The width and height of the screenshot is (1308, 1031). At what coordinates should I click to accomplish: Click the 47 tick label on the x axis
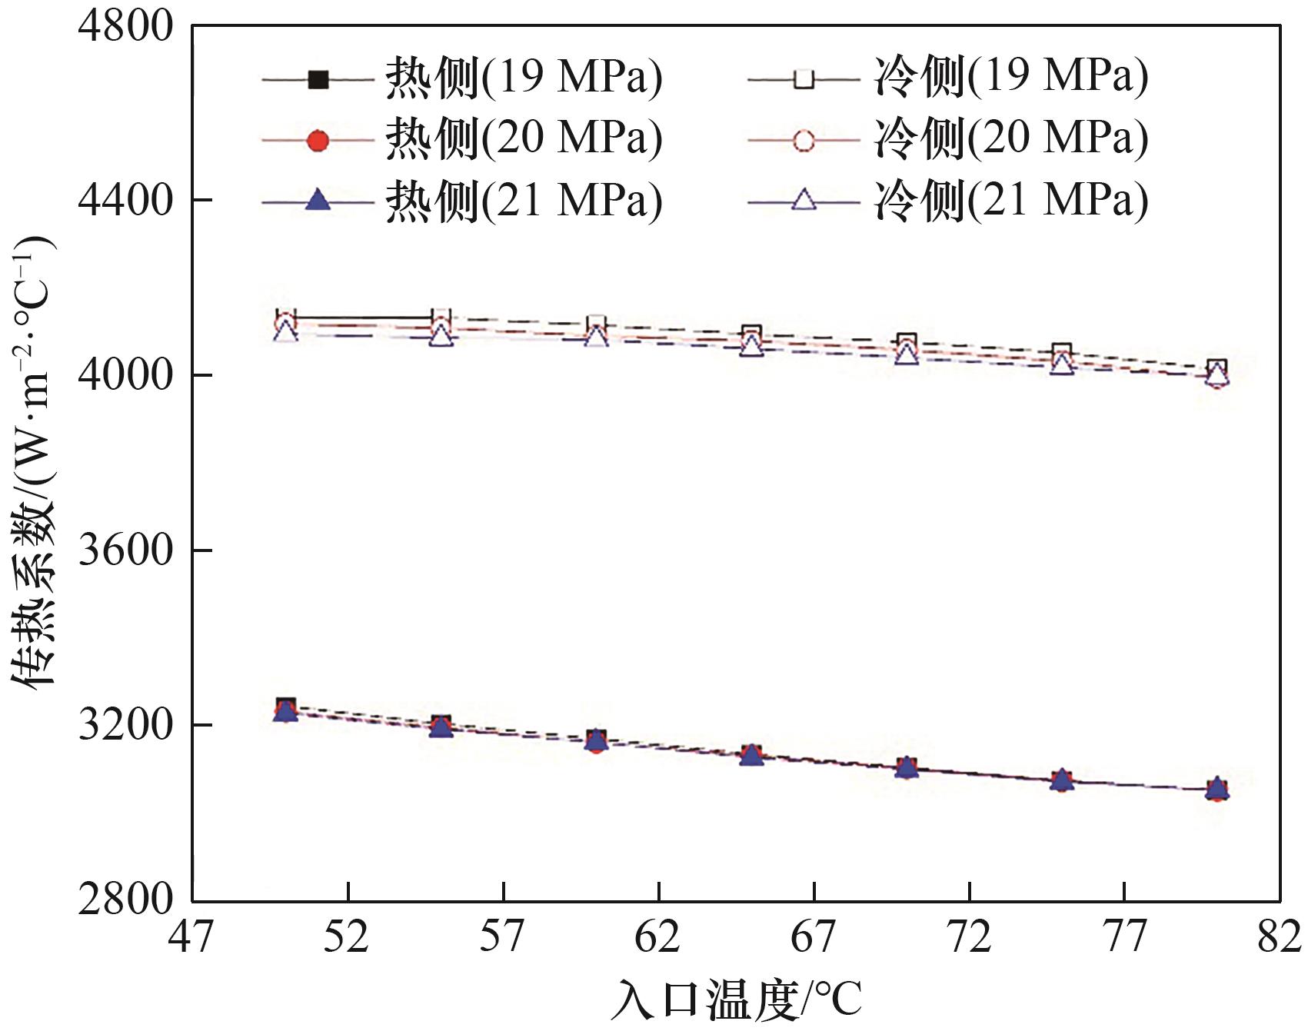(192, 937)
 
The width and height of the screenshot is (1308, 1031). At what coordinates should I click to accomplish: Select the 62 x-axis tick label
(659, 937)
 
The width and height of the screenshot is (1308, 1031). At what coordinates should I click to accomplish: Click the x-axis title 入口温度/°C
(736, 999)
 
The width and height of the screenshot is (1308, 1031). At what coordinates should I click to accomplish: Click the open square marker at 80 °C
(1216, 368)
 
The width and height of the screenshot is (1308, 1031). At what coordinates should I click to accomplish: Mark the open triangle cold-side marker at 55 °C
(441, 335)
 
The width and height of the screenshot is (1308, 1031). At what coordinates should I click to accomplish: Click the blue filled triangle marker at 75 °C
(1062, 780)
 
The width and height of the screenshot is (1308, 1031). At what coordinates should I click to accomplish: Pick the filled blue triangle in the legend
(318, 201)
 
